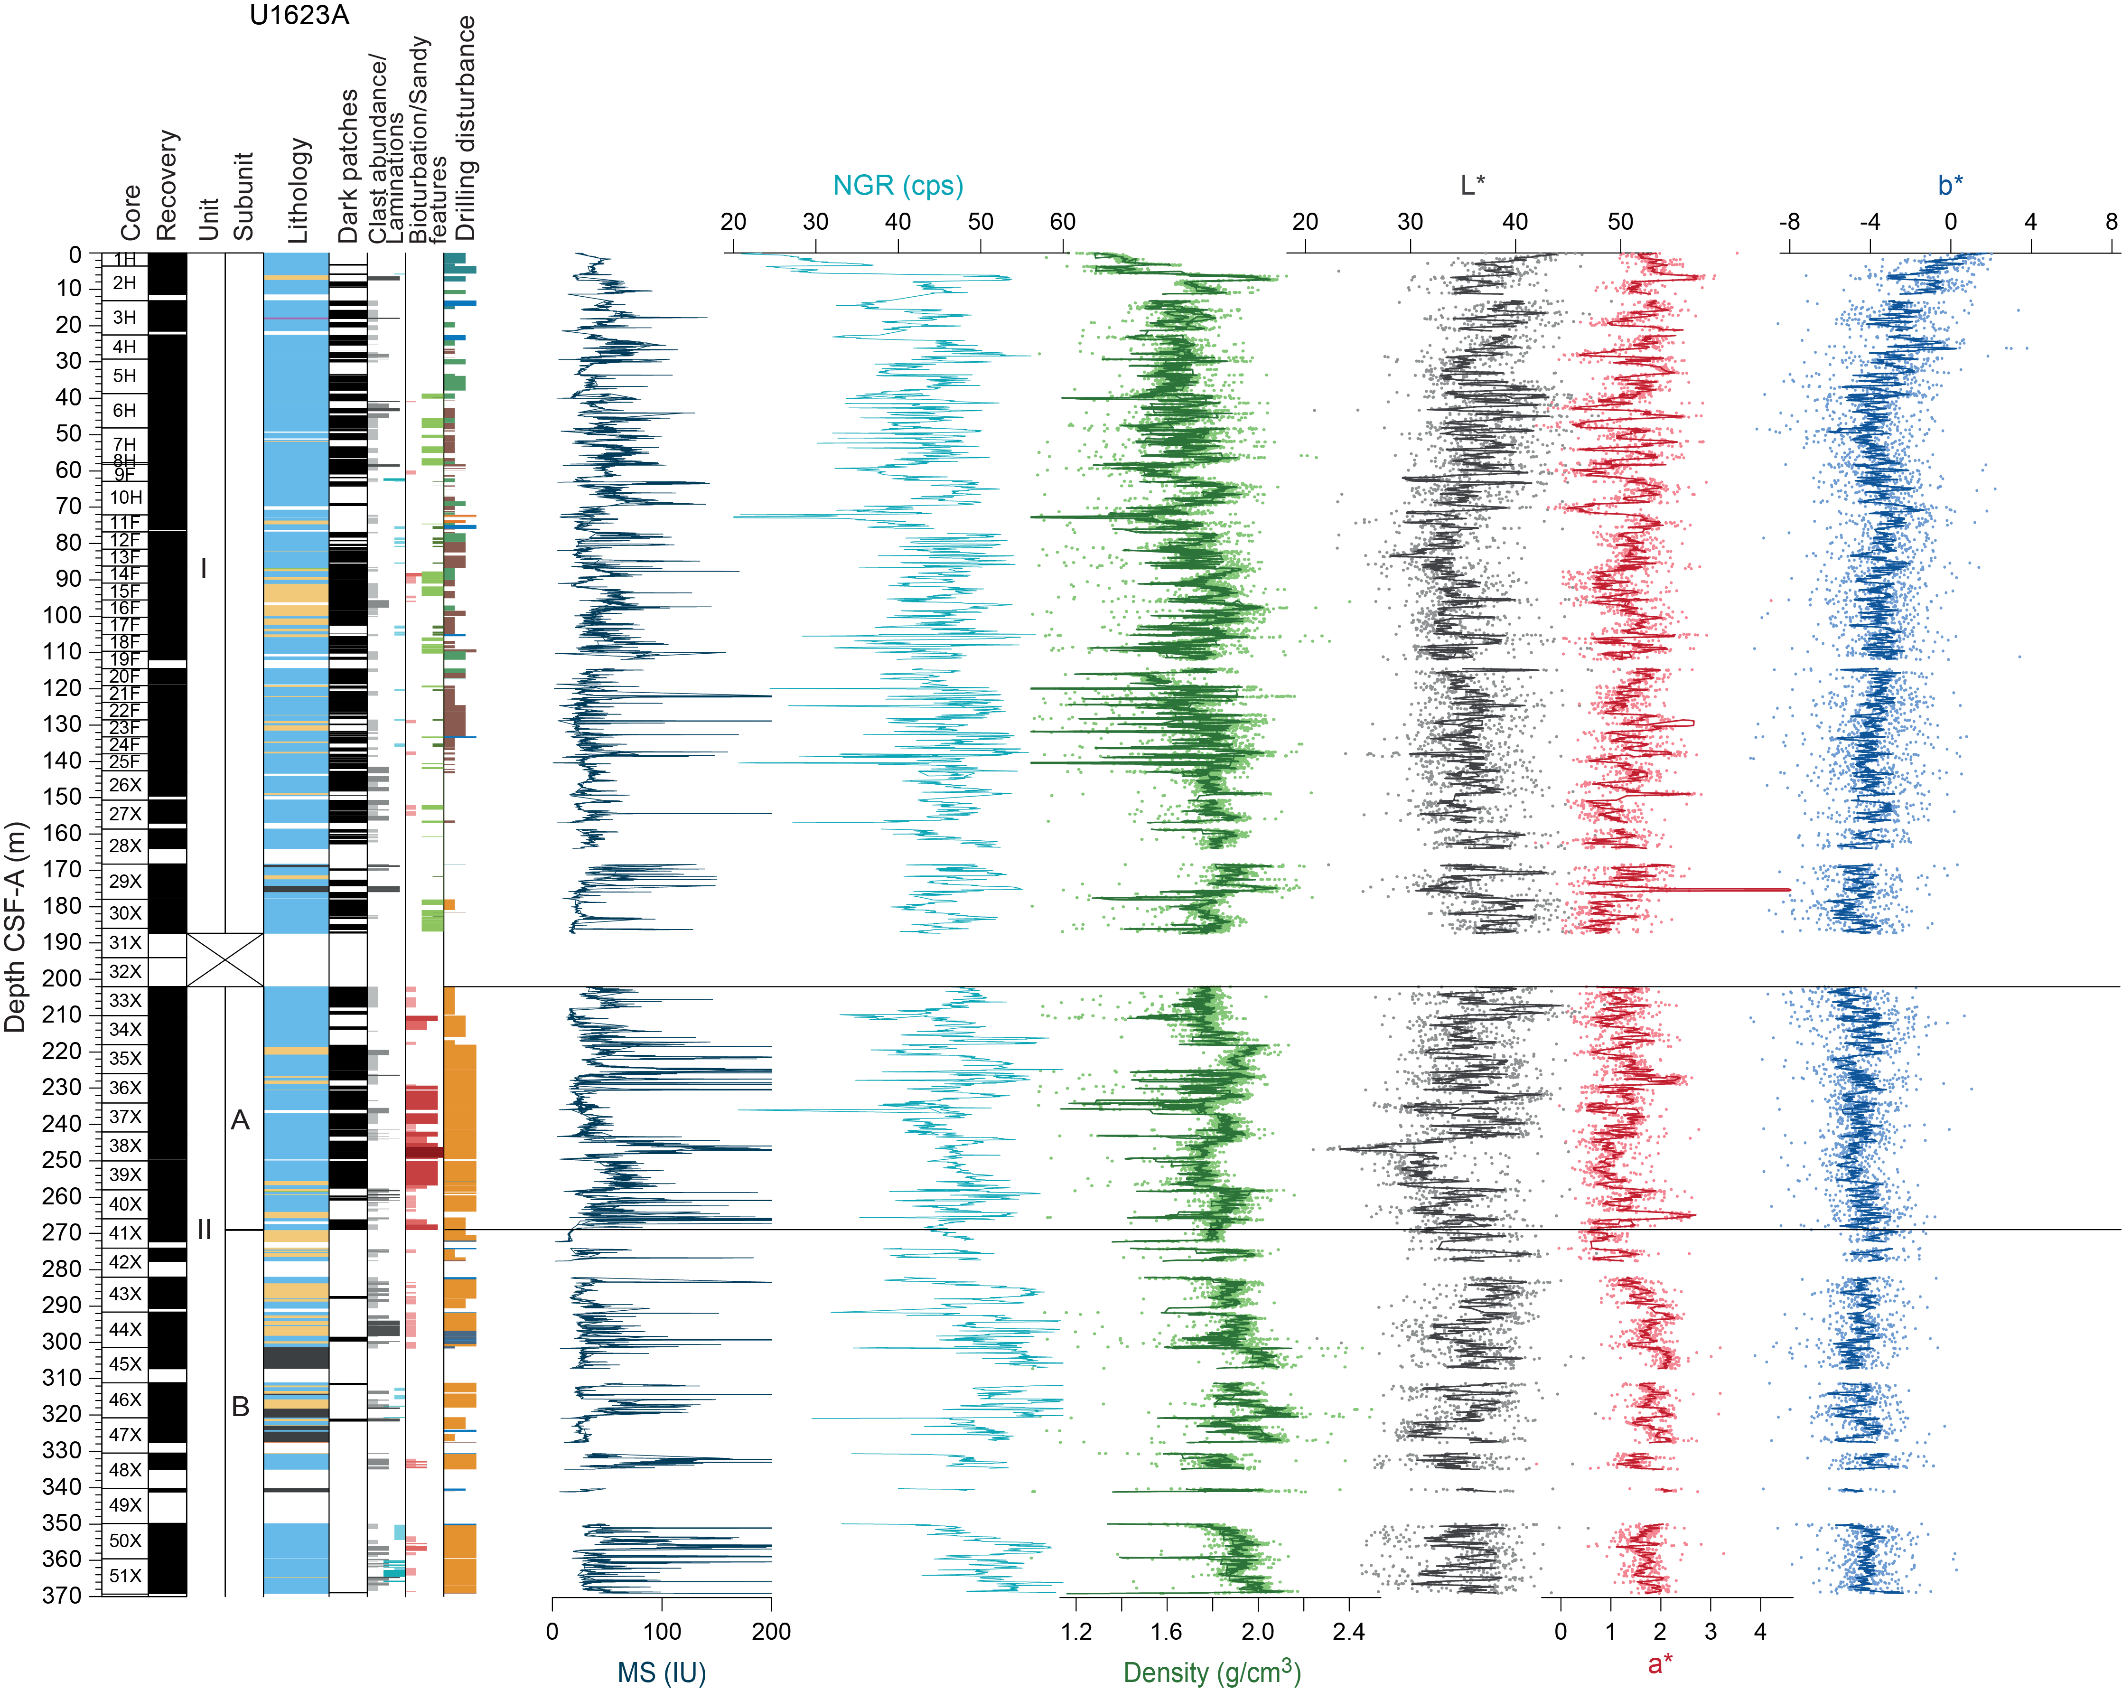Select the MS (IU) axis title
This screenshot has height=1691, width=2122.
coord(662,1672)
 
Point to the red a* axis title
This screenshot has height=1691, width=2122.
coord(1660,1663)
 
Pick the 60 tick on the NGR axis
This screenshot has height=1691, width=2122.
coord(1062,222)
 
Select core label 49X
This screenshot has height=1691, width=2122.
coord(125,1505)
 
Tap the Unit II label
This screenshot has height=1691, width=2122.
coord(205,1230)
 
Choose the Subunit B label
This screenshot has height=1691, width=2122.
coord(240,1407)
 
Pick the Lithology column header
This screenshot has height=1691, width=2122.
coord(298,190)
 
